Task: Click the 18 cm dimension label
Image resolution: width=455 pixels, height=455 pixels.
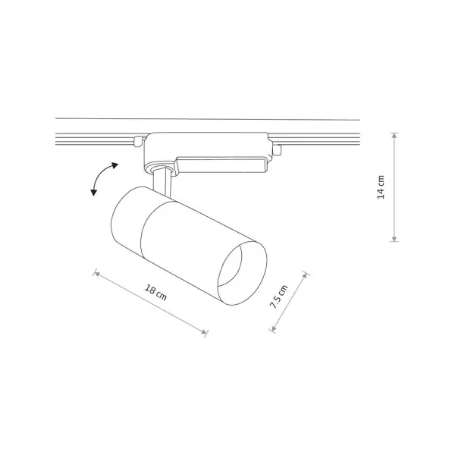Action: tap(155, 293)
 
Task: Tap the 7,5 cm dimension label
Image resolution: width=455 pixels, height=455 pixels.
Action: tap(278, 297)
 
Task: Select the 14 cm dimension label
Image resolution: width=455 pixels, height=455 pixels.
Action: tap(381, 187)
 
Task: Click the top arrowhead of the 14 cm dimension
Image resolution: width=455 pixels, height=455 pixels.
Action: tap(394, 135)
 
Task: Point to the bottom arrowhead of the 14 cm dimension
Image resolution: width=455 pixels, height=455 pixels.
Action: tap(394, 239)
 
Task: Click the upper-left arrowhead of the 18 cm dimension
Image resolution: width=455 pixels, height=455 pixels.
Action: tap(97, 273)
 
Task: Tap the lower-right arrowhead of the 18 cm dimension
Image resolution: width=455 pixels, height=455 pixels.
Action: tap(205, 332)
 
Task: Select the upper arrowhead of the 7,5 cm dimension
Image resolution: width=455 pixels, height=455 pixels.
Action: tap(304, 275)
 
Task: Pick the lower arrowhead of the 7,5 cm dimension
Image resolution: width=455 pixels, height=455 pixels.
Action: tap(273, 328)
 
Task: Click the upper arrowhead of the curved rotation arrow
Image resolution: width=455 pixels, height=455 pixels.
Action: tap(115, 165)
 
